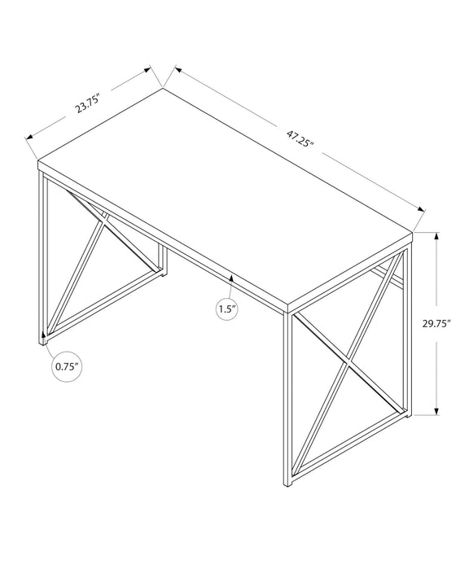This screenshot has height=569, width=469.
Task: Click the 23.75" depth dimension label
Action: click(x=87, y=103)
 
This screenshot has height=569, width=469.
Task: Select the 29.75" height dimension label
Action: click(x=436, y=324)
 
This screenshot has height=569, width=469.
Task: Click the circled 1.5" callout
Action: click(x=227, y=309)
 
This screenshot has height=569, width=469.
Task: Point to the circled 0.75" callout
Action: click(x=67, y=366)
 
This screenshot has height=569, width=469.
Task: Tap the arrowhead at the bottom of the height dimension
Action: click(x=436, y=411)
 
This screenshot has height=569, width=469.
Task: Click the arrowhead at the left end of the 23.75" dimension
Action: click(x=29, y=137)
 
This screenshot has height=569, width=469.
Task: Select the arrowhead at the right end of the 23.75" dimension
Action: click(x=147, y=69)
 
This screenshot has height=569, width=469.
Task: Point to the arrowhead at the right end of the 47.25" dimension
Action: click(x=421, y=209)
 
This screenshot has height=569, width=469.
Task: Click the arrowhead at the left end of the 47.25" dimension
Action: click(x=178, y=69)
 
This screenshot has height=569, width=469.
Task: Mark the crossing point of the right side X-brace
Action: click(x=348, y=362)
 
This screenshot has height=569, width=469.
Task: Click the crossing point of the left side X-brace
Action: click(x=103, y=221)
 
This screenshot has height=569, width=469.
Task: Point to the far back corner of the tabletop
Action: click(x=163, y=88)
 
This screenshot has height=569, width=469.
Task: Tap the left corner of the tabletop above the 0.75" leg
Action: click(x=38, y=160)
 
